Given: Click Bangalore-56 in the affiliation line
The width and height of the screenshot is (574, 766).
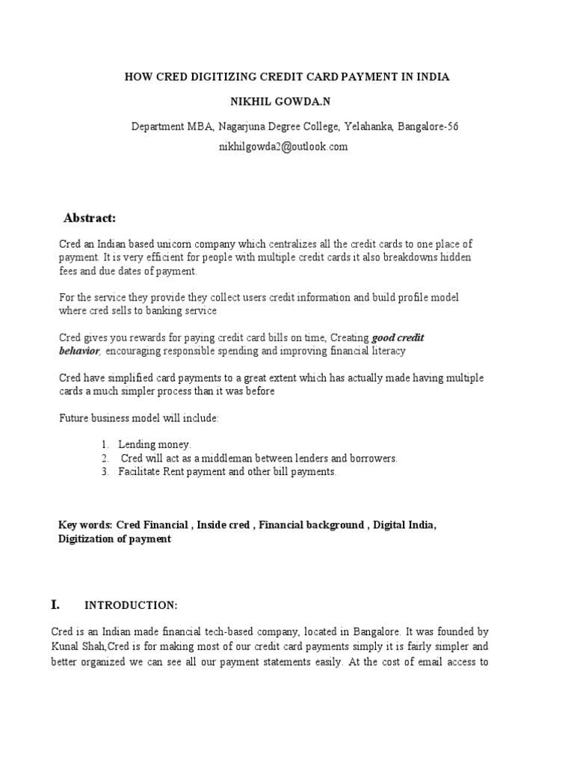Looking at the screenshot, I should (x=427, y=126).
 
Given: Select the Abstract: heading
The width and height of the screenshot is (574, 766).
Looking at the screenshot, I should (x=90, y=218).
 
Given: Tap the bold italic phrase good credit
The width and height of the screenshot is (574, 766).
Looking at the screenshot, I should (x=398, y=338).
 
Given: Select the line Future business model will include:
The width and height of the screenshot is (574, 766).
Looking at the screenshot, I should (x=139, y=418).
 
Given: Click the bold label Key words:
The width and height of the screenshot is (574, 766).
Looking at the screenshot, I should (x=84, y=525).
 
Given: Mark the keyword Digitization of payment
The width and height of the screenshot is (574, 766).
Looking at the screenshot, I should (x=114, y=539).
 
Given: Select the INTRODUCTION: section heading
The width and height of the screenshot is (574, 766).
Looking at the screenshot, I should (x=131, y=605).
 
